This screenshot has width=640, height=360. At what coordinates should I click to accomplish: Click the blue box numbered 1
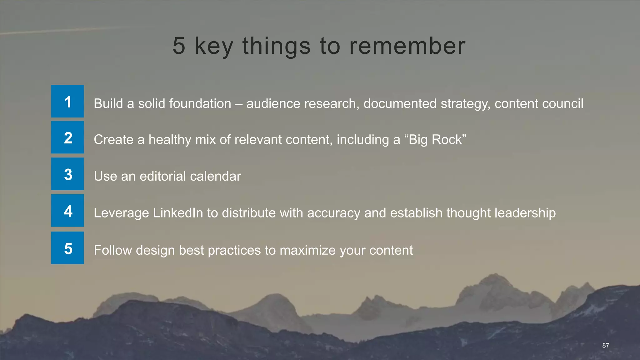[67, 101]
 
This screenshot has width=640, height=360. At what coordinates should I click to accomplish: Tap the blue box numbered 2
[67, 137]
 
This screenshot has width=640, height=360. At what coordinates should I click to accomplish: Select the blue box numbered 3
[67, 174]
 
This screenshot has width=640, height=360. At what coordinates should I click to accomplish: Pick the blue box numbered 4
[67, 211]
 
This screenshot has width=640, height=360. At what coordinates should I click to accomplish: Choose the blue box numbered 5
[67, 248]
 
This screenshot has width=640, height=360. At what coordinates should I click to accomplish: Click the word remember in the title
[407, 46]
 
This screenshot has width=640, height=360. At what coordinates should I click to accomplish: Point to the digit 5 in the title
[179, 46]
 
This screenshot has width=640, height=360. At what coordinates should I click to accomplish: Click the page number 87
[606, 345]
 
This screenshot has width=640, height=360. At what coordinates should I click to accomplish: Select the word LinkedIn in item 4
[178, 213]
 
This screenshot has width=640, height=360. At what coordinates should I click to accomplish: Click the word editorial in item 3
[162, 176]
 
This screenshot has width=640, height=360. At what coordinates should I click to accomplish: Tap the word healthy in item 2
[170, 140]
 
